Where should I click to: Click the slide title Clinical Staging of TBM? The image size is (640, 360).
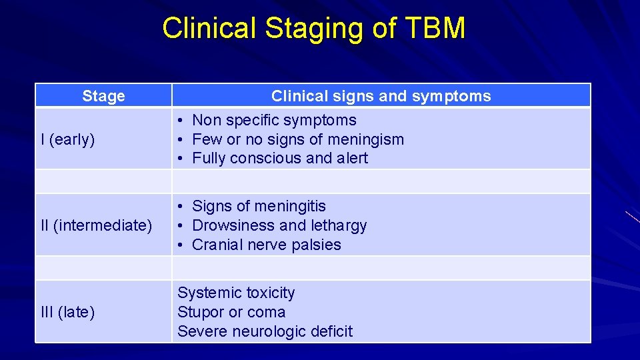[313, 29]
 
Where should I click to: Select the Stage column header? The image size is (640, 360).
[103, 97]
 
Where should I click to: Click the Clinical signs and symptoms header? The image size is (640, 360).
[381, 97]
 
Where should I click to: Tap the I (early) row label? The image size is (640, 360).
[68, 139]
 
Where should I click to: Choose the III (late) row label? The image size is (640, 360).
[68, 312]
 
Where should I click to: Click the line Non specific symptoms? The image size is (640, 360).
[274, 121]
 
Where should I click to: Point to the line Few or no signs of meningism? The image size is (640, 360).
[298, 139]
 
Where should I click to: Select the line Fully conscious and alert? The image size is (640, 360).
[280, 159]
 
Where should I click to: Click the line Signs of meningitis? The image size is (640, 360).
[259, 207]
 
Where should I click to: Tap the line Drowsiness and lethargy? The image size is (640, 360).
[279, 225]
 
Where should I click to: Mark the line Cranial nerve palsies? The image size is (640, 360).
[266, 245]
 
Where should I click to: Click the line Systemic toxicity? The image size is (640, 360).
[236, 293]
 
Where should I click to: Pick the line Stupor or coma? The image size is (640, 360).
[231, 312]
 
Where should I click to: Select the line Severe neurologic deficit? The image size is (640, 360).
[265, 331]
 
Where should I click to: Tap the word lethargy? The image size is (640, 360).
[339, 226]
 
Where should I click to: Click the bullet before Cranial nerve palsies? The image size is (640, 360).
[181, 245]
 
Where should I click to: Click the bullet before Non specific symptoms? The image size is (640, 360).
[181, 121]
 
